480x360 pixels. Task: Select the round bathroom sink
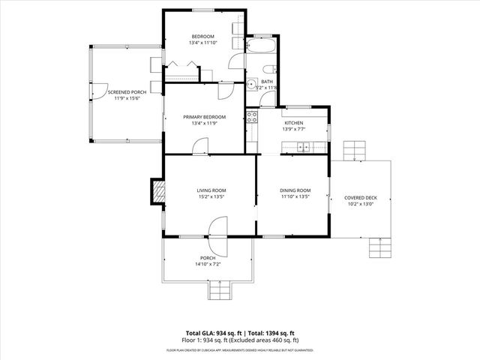click(253, 83)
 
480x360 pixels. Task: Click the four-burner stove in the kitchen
click(252, 117)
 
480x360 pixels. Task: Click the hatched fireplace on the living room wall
click(157, 192)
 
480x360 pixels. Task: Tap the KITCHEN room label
click(292, 122)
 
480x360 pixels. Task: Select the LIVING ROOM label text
click(211, 190)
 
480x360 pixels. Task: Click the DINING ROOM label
click(295, 190)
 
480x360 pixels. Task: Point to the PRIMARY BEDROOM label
click(204, 117)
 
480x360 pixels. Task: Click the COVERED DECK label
click(361, 198)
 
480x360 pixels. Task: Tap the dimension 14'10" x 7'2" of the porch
click(208, 264)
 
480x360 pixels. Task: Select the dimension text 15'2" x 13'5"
click(211, 197)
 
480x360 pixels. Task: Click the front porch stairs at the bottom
click(221, 291)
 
